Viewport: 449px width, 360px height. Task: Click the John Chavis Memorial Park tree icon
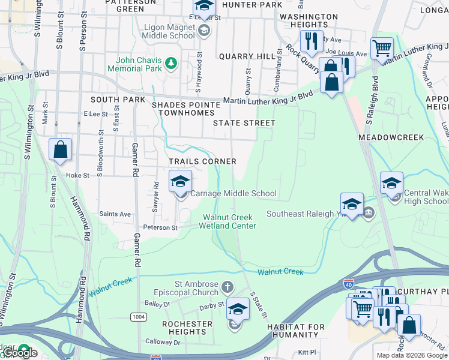[171, 62]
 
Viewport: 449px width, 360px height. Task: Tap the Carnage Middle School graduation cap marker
[180, 181]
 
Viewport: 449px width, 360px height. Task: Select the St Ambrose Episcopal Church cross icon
[226, 287]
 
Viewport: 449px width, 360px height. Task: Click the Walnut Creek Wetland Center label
[229, 221]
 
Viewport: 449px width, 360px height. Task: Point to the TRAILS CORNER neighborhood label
[202, 161]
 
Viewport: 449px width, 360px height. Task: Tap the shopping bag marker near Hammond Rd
[61, 150]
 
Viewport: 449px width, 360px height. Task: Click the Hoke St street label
[77, 176]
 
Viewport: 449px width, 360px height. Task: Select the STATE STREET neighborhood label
[244, 123]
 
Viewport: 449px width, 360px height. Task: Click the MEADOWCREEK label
[391, 137]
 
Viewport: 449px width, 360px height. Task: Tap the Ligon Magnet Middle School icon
[204, 30]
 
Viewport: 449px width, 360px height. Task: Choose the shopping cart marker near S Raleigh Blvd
[381, 47]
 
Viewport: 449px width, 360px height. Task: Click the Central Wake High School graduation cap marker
[391, 183]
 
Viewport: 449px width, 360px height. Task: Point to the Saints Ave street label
[115, 214]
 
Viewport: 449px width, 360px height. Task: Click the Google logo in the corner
[20, 353]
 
